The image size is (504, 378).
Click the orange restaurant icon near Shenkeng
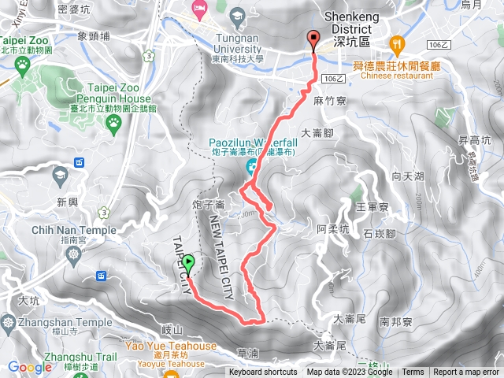pos(397,43)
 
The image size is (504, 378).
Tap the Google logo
pos(30,367)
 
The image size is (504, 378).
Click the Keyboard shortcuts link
pos(263,372)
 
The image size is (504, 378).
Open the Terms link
pos(413,372)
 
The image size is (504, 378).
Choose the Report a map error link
pos(466,372)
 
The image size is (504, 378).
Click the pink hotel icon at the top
pos(200,7)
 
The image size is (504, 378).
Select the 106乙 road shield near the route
pos(334,78)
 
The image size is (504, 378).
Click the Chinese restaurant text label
pos(397,76)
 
